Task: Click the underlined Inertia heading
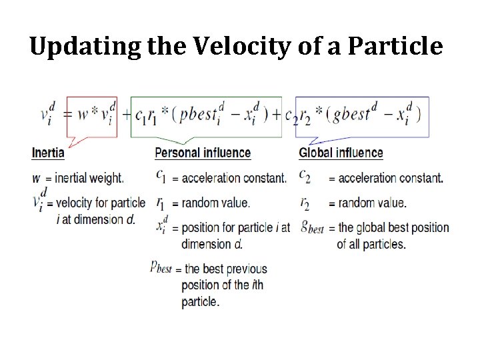48,153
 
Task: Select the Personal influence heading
203,153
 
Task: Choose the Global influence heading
341,153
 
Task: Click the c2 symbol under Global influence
305,177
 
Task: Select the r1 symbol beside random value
161,202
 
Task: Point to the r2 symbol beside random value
305,202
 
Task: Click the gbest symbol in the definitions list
311,227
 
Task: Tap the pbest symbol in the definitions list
161,268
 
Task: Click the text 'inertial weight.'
89,178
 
